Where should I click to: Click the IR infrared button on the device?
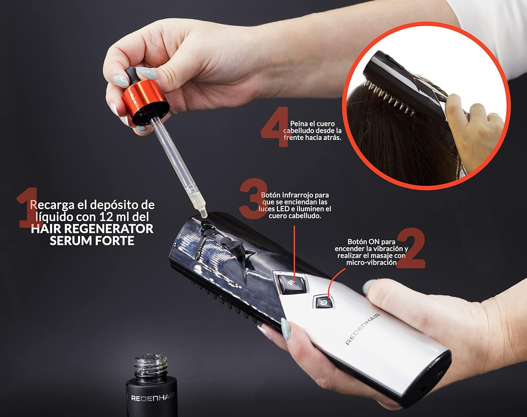[x=291, y=282]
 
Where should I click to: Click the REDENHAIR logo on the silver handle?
[x=363, y=328]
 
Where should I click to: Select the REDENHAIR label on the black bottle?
[x=153, y=398]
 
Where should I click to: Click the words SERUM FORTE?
[x=92, y=241]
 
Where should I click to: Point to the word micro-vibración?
[x=371, y=262]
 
